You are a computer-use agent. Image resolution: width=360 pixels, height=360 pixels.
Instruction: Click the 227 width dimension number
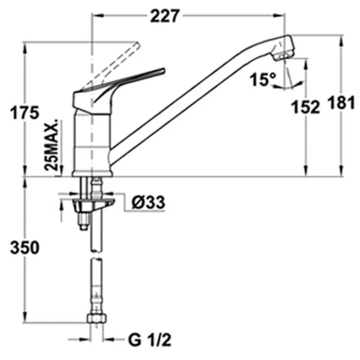coord(164,16)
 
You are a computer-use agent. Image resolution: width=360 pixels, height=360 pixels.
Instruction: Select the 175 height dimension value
coord(25,113)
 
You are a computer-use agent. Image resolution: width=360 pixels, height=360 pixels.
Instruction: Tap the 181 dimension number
coord(341,103)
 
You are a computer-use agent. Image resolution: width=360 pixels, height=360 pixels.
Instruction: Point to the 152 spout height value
coord(305,107)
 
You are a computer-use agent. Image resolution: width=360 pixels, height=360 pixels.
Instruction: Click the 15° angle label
coord(263,79)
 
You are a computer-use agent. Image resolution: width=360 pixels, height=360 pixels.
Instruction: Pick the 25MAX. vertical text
coord(52,145)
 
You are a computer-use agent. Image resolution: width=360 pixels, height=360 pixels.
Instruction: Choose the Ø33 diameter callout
coord(148,202)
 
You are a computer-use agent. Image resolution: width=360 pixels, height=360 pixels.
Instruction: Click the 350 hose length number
coord(25,247)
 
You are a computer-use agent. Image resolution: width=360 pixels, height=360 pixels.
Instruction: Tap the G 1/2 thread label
coord(149,340)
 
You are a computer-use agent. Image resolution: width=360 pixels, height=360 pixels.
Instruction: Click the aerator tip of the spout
coord(284,56)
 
